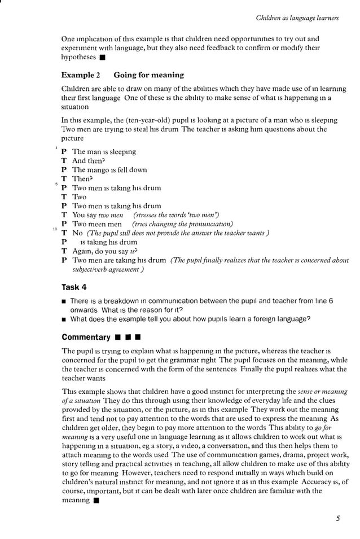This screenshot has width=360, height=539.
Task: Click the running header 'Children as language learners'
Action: [297, 18]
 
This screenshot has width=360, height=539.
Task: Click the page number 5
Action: [337, 520]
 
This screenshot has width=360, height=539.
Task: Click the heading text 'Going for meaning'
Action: [148, 75]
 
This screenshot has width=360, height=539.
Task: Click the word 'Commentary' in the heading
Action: [86, 337]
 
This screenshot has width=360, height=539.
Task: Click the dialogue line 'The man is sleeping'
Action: [104, 152]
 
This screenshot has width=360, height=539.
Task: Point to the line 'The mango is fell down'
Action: [109, 170]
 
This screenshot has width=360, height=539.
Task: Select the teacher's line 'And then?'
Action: [88, 161]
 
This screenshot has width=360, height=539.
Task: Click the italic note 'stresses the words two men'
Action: [176, 215]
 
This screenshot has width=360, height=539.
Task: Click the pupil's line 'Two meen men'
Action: [97, 224]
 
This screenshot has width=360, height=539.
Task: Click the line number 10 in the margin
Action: [55, 229]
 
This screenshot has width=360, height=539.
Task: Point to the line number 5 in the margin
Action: [56, 184]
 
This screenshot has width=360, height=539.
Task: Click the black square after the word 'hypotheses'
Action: [102, 58]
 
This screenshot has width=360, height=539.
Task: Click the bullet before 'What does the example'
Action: [64, 319]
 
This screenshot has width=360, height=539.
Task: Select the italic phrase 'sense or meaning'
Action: [323, 391]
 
